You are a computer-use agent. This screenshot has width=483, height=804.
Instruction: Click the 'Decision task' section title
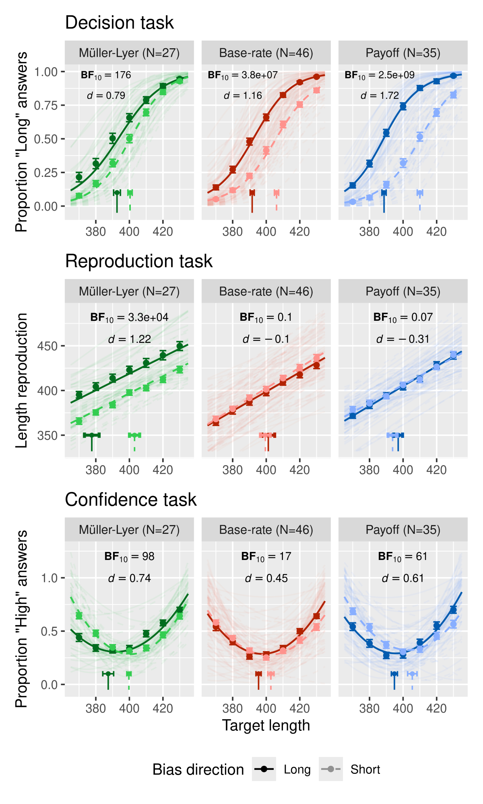click(x=119, y=23)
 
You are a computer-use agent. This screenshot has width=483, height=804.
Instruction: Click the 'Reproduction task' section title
click(x=138, y=261)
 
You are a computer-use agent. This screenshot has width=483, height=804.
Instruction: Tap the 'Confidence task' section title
click(x=131, y=500)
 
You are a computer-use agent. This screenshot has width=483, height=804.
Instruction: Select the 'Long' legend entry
click(x=297, y=769)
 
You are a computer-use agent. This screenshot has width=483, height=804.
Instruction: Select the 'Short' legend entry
click(x=365, y=769)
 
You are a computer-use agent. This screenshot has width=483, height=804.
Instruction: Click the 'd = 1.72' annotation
click(x=380, y=96)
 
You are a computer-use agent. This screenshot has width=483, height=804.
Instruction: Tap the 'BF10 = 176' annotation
click(x=106, y=75)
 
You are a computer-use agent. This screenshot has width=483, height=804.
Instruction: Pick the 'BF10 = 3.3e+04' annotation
click(x=129, y=318)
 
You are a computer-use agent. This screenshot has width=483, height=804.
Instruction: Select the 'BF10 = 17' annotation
click(x=266, y=557)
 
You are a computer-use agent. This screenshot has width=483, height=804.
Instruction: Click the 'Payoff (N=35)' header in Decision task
click(x=403, y=53)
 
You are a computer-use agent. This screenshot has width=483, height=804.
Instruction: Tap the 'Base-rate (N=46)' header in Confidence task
click(x=266, y=530)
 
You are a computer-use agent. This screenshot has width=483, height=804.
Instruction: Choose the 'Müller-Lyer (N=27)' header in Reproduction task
click(x=129, y=291)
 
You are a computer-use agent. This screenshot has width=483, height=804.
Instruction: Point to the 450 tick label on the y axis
click(x=47, y=346)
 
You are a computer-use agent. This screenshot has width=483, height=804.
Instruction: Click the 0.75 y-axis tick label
click(x=46, y=105)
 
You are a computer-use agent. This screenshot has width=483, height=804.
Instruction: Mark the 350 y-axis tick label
click(x=47, y=435)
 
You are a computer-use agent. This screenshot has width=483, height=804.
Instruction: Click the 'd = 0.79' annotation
click(x=106, y=96)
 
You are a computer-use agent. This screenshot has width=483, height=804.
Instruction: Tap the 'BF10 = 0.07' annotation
click(x=402, y=318)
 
